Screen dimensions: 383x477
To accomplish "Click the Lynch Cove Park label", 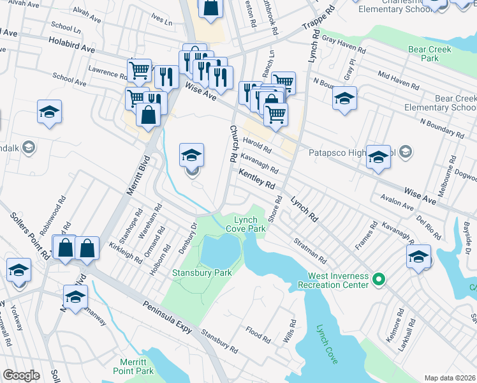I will click(246, 223).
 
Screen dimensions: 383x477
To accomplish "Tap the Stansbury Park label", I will click(202, 273).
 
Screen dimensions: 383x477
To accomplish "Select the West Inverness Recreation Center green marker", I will click(378, 279).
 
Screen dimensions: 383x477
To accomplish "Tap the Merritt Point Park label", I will click(133, 366).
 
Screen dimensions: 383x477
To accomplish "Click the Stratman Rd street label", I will click(311, 252).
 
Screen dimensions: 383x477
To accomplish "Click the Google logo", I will click(21, 375).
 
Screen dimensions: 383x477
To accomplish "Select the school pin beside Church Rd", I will click(191, 154).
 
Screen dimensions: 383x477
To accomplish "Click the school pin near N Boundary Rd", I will click(344, 98).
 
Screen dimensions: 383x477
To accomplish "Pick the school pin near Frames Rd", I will click(418, 257).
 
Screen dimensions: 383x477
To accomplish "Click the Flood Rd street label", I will click(258, 334).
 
